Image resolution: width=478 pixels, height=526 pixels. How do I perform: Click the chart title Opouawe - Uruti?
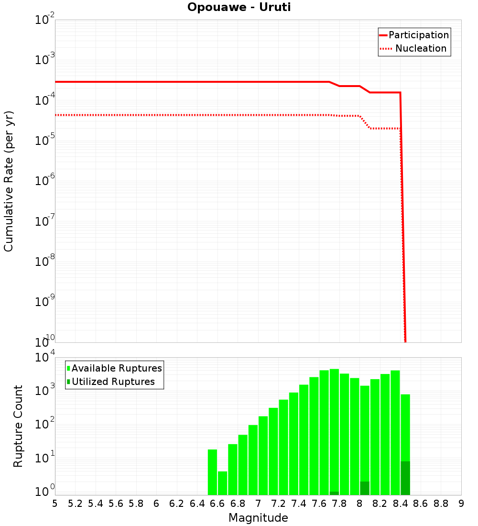coord(239,8)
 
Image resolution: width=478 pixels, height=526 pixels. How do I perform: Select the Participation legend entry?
coord(414,35)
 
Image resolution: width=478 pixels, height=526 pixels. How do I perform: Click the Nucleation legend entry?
coord(414,49)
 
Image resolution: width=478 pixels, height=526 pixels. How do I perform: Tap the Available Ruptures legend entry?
coord(115,369)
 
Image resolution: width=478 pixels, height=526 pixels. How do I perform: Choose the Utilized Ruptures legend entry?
coord(111,382)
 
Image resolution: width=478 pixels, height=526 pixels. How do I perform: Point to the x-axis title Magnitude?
coord(258,518)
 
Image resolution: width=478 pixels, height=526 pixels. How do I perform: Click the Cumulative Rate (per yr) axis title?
coord(9,181)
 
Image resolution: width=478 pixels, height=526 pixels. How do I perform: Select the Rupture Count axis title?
coord(18,426)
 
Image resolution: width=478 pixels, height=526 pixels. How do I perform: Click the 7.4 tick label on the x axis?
coord(299,504)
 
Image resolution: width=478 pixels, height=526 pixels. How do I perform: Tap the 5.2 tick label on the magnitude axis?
coord(75,504)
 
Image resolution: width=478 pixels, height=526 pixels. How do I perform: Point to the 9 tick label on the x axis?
coord(461,504)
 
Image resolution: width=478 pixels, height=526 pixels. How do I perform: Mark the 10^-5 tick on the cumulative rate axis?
coord(45,140)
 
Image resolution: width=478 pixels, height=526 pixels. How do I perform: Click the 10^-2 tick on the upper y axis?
coord(45,20)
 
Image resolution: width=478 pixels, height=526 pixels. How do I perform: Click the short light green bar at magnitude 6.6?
coord(223,483)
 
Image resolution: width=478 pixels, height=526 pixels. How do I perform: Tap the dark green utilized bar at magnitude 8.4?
coord(405,478)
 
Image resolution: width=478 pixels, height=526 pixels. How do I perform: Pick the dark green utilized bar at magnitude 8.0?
coord(365,488)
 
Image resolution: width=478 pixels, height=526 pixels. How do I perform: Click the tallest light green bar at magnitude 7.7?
coord(334,430)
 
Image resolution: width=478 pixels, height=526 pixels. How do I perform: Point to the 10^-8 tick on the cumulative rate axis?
coord(45,261)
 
